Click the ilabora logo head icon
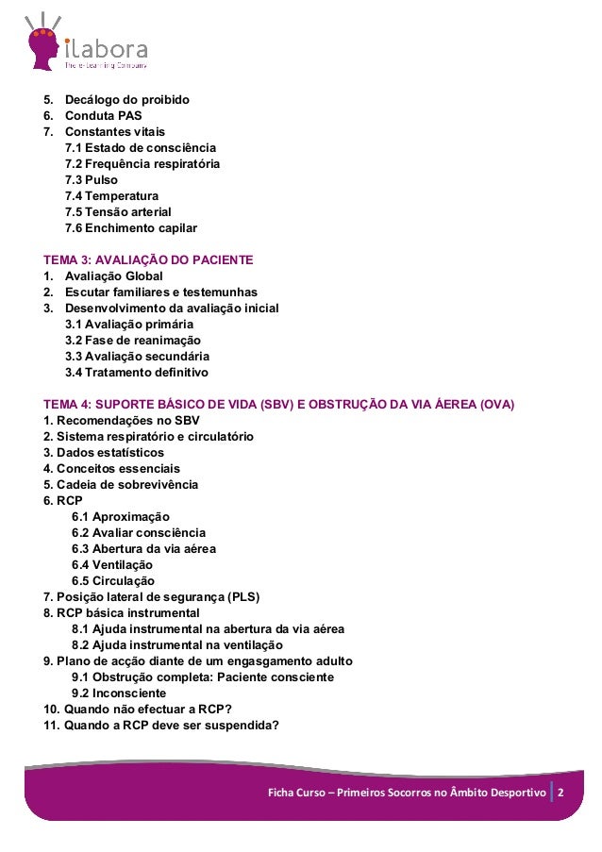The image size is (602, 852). pyautogui.click(x=42, y=42)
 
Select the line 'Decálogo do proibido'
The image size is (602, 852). pyautogui.click(x=126, y=100)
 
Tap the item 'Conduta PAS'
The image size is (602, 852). pyautogui.click(x=103, y=116)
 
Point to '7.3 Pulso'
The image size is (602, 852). pyautogui.click(x=92, y=180)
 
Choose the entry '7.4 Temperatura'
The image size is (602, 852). pyautogui.click(x=111, y=196)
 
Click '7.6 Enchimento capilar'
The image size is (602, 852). pyautogui.click(x=130, y=228)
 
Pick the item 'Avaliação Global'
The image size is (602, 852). pyautogui.click(x=113, y=276)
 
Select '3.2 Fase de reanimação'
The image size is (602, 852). pyautogui.click(x=132, y=341)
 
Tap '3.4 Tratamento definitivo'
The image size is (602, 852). pyautogui.click(x=136, y=373)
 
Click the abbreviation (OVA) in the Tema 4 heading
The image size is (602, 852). pyautogui.click(x=495, y=405)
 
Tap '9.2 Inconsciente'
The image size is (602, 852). pyautogui.click(x=118, y=693)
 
